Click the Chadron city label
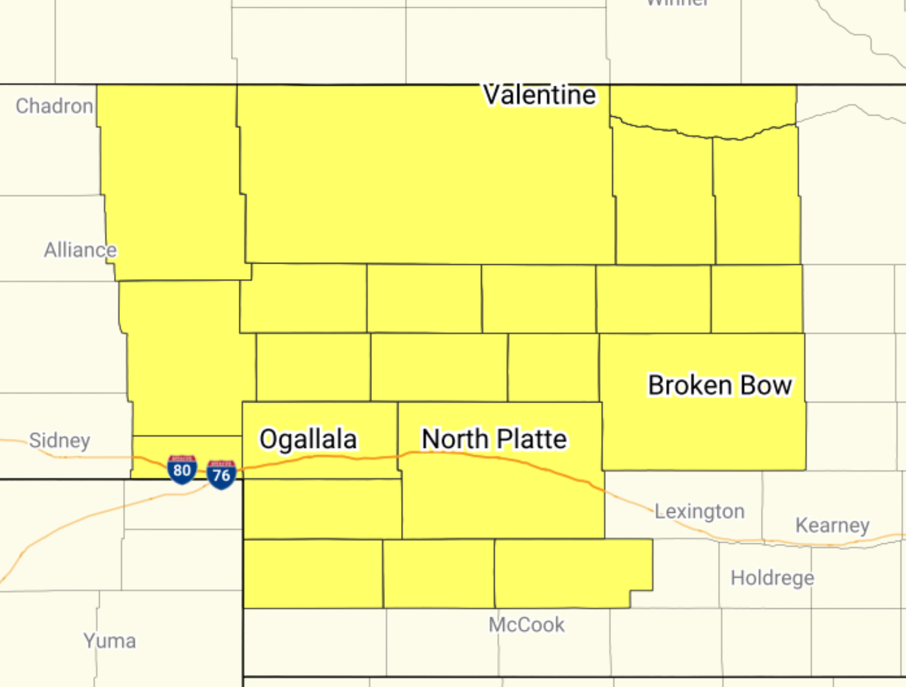click(x=54, y=106)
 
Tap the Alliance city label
click(x=80, y=250)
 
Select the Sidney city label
click(x=60, y=441)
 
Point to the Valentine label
click(x=540, y=95)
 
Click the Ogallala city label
click(x=308, y=439)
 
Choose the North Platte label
click(x=494, y=439)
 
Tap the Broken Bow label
click(x=720, y=385)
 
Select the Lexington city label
click(x=699, y=511)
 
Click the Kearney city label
click(x=832, y=525)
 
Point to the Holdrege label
click(x=772, y=578)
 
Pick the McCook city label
click(x=526, y=625)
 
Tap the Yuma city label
click(x=110, y=641)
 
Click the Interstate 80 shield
click(x=182, y=470)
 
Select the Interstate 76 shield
click(x=221, y=475)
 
